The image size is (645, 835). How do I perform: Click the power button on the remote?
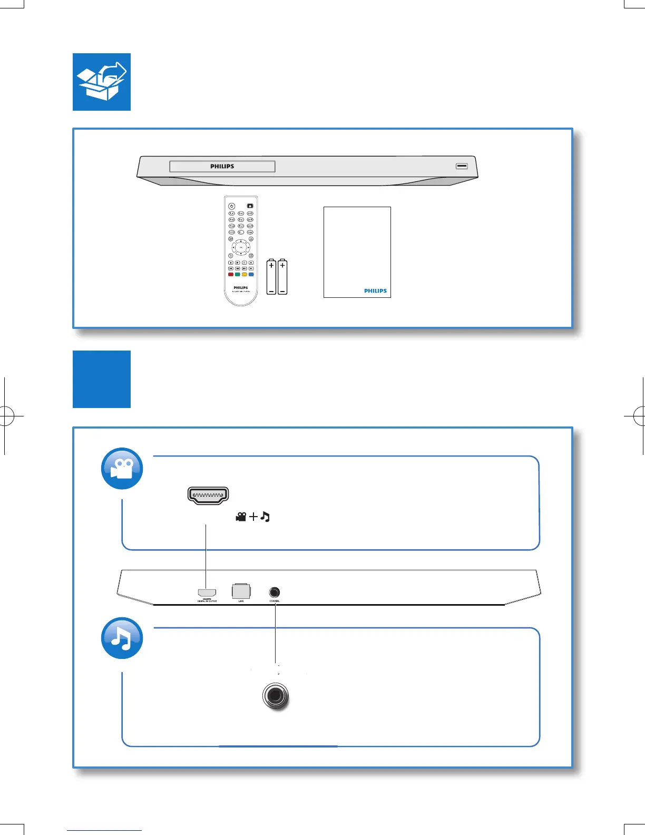[x=231, y=206]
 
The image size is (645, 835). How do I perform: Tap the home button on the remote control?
[x=250, y=206]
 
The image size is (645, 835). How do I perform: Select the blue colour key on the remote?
[x=251, y=275]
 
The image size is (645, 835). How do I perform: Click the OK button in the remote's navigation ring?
[x=241, y=247]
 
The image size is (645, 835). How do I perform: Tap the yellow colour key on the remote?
[x=244, y=275]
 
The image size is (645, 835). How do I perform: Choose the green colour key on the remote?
[x=237, y=275]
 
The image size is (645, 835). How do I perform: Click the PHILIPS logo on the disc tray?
[x=222, y=167]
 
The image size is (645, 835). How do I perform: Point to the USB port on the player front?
[x=462, y=166]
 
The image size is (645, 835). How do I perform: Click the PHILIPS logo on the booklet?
[x=375, y=291]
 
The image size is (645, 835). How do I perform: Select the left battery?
[x=271, y=277]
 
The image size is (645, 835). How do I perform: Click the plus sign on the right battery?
[x=283, y=266]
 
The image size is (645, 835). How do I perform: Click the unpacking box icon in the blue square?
[x=102, y=82]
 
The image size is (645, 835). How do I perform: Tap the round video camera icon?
[x=122, y=469]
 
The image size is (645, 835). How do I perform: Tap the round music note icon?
[x=122, y=638]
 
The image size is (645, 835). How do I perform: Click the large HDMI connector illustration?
[x=208, y=496]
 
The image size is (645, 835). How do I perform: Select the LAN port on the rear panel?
[x=241, y=591]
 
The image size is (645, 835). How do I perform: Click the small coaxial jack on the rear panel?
[x=275, y=593]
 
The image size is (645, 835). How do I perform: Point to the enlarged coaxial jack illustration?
[x=276, y=696]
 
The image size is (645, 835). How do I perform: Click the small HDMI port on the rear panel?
[x=207, y=593]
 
